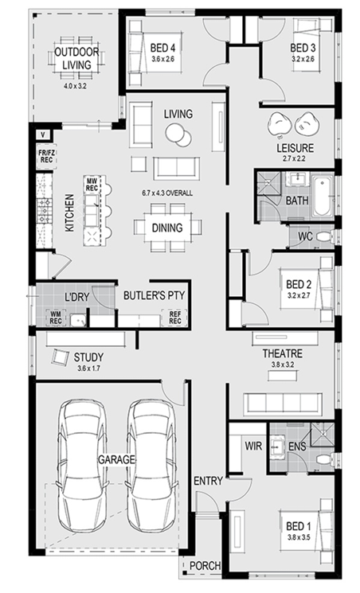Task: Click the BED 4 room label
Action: coord(162,48)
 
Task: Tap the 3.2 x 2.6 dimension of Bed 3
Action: coord(303,59)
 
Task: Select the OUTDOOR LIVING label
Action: coord(76,58)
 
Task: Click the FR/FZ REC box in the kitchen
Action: coord(46,156)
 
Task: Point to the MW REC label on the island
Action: coord(92,185)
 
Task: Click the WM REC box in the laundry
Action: coord(55,318)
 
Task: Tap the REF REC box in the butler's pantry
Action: coord(174,318)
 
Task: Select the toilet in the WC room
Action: coord(324,237)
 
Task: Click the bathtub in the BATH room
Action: coord(323,197)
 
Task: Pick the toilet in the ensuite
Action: coord(324,460)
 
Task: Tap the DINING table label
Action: coord(167,228)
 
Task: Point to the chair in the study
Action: coord(60,357)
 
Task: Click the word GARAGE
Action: coord(116,459)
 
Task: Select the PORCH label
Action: coord(205,566)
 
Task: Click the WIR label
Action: coord(253,446)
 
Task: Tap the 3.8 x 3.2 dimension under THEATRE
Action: coord(283,365)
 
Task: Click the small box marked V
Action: coord(43,135)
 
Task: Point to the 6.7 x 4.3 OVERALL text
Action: coord(167,193)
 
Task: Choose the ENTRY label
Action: coord(208,481)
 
